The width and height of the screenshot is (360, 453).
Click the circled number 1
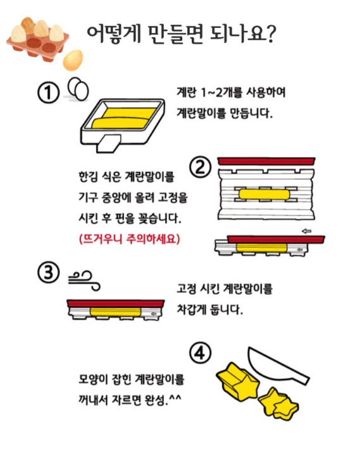click(x=48, y=93)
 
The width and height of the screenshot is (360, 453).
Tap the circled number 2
click(x=200, y=167)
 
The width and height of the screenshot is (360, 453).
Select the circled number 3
click(x=48, y=273)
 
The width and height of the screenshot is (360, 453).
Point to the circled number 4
click(x=200, y=353)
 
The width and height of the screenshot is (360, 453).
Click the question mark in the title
click(x=270, y=34)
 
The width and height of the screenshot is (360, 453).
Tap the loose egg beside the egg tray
click(x=73, y=60)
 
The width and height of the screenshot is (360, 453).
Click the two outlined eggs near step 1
click(x=78, y=89)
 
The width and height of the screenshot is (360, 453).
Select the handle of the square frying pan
click(x=108, y=143)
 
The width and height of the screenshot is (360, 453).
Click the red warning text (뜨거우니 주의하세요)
click(x=130, y=239)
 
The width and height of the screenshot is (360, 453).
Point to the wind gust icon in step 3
click(x=84, y=280)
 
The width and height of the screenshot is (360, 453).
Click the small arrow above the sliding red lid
click(x=306, y=231)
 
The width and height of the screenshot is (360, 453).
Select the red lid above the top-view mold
click(x=266, y=161)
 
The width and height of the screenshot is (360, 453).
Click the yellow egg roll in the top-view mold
click(x=264, y=194)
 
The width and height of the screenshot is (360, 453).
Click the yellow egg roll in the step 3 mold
click(x=116, y=312)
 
